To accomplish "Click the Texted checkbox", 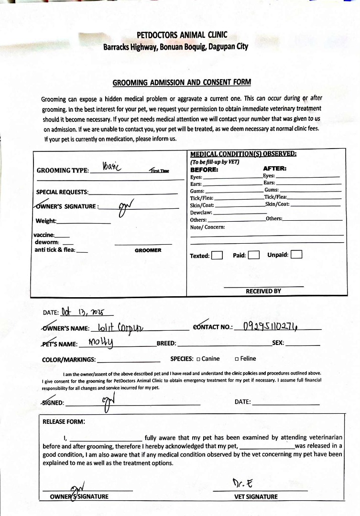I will point(217,255).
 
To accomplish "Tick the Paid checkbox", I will point(253,255).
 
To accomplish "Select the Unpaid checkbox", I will point(296,255).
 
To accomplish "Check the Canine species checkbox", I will point(198,359).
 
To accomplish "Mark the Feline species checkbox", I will point(237,359).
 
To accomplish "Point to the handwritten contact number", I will point(271,327).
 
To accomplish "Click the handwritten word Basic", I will point(113,167).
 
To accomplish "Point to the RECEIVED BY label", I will point(263,291).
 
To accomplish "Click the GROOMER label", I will point(148,250).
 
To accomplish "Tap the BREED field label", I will point(166,344).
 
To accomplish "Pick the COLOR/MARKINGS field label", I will point(69,359).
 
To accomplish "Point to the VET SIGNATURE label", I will point(256,496).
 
